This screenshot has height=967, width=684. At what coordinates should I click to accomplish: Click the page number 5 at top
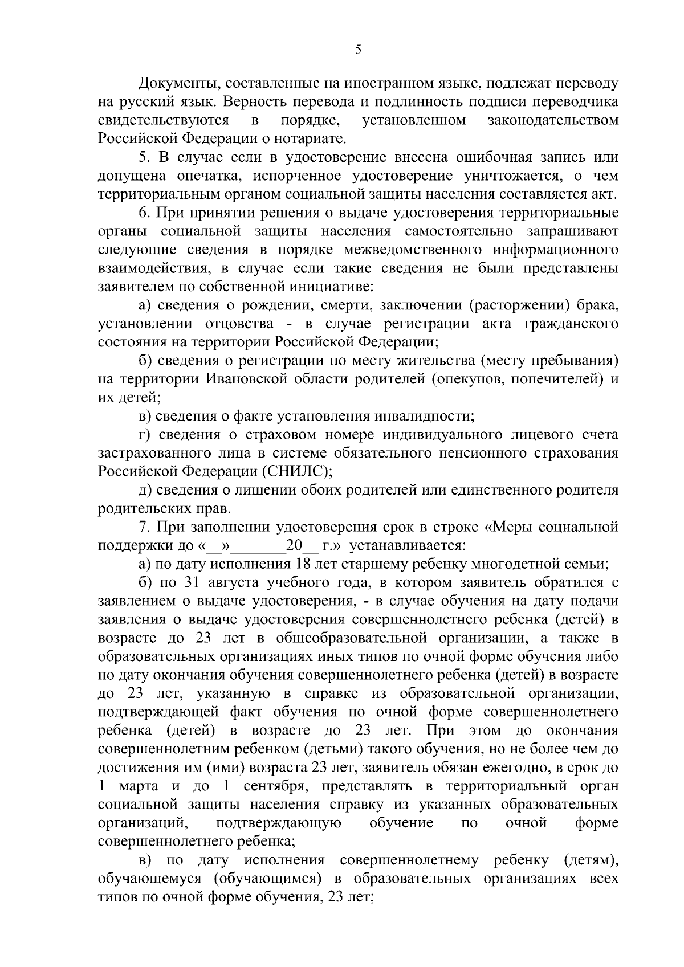(x=357, y=50)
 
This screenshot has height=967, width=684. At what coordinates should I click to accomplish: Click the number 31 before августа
(x=191, y=582)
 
